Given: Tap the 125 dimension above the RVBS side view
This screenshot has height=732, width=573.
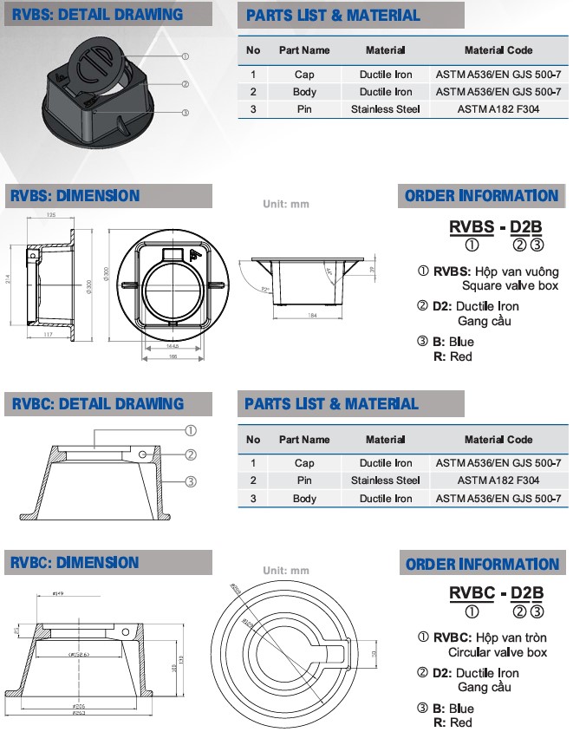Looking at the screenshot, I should pos(51,215).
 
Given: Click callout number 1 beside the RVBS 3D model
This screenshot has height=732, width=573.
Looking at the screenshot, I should pos(186,56).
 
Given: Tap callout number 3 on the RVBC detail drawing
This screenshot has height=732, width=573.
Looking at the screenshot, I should pos(191,480).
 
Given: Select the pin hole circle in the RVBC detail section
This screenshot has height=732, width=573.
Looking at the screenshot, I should pos(141,454).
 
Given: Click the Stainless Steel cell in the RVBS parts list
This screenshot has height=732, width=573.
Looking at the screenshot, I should pos(385,109).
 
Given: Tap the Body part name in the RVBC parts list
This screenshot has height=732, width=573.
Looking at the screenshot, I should pos(304,499).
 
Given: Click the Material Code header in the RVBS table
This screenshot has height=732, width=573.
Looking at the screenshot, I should pos(498,50).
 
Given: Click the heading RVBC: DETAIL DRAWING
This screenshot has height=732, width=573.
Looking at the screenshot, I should pos(97,403).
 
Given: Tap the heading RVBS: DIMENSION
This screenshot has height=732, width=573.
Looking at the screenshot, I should pos(75,196).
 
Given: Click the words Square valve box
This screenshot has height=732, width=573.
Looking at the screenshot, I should pos(510,285).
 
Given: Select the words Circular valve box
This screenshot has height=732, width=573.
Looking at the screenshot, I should pos(498,652).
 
